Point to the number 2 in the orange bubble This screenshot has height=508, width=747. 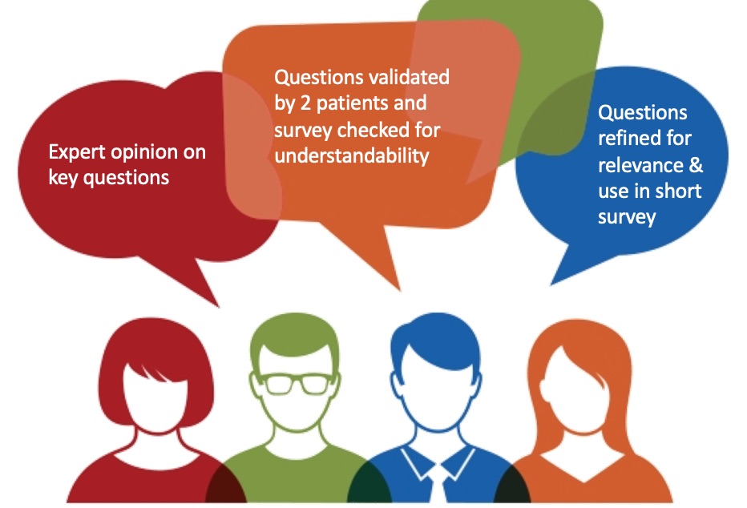coord(305,103)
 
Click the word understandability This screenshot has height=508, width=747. coord(352,155)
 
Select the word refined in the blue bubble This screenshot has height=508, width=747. coord(629,138)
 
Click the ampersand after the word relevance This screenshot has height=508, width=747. coord(696,165)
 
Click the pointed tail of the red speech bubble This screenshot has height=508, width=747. coord(218,306)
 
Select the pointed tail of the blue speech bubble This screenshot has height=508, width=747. coord(551,284)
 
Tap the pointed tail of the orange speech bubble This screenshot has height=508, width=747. coord(399,289)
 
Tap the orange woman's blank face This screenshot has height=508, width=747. coord(571,390)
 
